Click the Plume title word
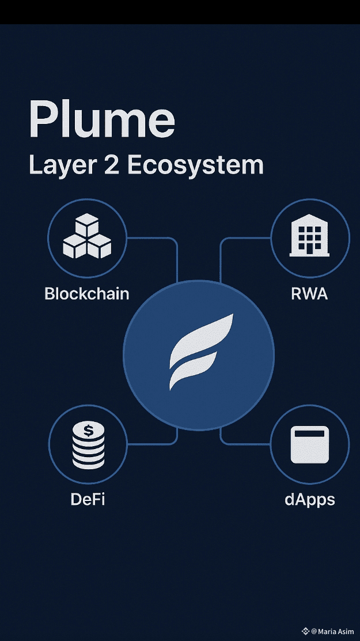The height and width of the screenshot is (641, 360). [x=101, y=119]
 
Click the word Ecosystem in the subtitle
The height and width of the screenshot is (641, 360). [x=195, y=165]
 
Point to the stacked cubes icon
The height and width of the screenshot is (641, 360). [x=86, y=238]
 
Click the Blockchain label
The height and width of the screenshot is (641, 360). [x=86, y=293]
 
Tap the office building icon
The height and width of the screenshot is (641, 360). [x=309, y=237]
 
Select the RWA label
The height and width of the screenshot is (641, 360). [x=309, y=293]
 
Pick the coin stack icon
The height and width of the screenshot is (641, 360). [x=88, y=446]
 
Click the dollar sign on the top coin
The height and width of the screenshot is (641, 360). [x=88, y=431]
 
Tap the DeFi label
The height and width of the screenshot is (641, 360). [x=88, y=499]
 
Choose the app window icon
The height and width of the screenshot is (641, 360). [x=309, y=444]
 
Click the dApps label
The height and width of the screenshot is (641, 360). [x=309, y=499]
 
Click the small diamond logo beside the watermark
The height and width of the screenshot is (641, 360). [x=305, y=631]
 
